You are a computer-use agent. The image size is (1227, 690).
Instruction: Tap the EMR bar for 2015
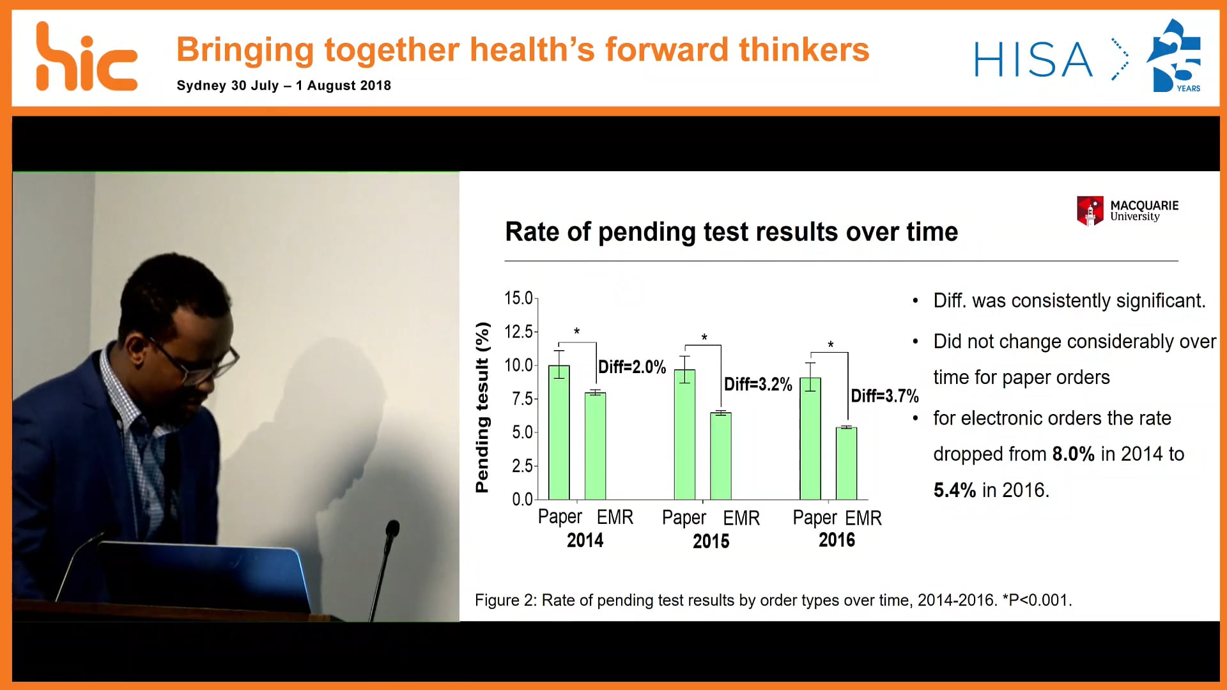[721, 456]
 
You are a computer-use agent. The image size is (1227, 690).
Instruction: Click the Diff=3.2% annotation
[758, 384]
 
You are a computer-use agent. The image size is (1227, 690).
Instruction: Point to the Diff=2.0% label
[631, 367]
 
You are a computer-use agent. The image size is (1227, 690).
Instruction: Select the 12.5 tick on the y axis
[518, 332]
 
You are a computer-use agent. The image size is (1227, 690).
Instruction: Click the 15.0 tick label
[518, 298]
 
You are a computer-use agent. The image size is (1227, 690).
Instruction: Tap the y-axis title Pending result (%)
[482, 408]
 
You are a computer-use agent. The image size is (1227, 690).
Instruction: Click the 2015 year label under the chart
[711, 541]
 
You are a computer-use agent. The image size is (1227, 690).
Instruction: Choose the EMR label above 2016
[864, 517]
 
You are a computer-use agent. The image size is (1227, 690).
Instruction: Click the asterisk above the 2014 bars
[576, 332]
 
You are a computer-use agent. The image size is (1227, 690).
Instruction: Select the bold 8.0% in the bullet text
[1073, 454]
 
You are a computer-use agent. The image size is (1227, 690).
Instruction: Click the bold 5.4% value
[954, 490]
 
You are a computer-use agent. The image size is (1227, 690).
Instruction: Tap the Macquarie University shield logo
[1090, 211]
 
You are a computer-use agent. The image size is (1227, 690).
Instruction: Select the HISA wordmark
[1033, 60]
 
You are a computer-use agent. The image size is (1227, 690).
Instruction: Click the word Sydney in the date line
[201, 86]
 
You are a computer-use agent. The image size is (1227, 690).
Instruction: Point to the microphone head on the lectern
[392, 528]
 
